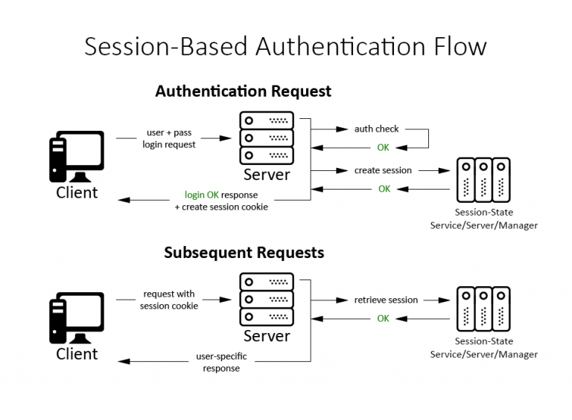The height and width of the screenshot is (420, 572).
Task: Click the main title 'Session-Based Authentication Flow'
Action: click(285, 45)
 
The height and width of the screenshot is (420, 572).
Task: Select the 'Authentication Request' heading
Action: click(243, 91)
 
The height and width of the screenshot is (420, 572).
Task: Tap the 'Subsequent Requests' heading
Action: click(244, 253)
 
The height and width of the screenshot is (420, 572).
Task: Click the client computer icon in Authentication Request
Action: click(76, 156)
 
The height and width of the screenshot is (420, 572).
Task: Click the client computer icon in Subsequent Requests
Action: click(76, 317)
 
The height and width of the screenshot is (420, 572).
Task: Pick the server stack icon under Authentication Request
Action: click(267, 138)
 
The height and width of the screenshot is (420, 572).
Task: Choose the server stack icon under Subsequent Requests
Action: click(267, 299)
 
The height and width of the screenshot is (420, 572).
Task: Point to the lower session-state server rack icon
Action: click(483, 309)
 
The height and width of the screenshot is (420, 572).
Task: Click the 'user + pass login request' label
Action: click(169, 138)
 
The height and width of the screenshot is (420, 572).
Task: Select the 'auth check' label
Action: click(376, 129)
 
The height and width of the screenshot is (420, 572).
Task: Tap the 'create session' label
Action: click(383, 170)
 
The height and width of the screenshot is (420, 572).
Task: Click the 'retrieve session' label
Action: click(386, 300)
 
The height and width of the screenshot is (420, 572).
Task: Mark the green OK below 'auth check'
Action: click(383, 147)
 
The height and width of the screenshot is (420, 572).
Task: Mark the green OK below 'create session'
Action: click(384, 189)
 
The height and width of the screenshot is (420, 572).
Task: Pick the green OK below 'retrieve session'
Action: click(383, 318)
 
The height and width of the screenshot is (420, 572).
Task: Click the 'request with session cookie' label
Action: click(169, 300)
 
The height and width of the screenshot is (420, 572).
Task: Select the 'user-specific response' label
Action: click(221, 362)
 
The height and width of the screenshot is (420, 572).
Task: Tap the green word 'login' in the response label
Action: click(195, 195)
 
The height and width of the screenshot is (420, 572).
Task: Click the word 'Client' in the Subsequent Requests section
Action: click(77, 354)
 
